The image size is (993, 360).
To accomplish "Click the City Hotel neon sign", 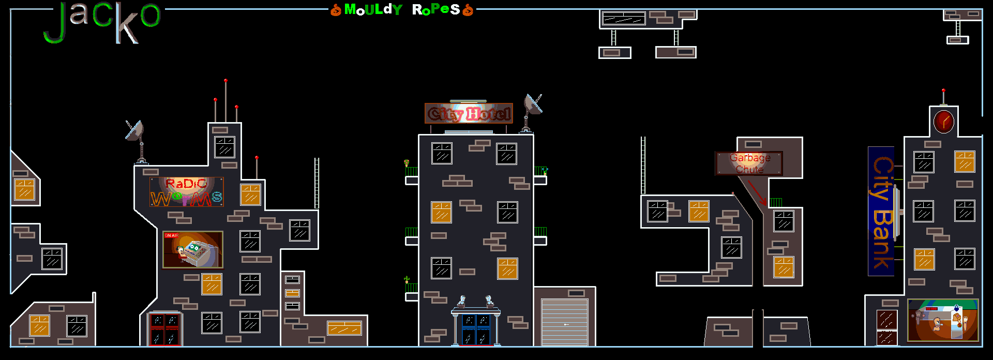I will [469, 113].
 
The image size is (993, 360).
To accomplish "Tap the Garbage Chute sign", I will [749, 163].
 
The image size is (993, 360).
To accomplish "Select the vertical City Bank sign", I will [881, 211].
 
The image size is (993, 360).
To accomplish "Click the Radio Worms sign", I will [187, 192].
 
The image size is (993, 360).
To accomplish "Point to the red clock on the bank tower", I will [943, 122].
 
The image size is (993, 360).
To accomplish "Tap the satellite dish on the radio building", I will [135, 131].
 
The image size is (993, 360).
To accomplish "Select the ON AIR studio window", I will [193, 250].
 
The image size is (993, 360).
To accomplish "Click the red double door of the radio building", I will [164, 329].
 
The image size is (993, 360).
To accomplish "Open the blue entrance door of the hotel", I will [476, 329].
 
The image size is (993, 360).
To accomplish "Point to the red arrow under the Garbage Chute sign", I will [757, 192].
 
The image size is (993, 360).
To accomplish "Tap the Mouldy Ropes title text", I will [402, 10].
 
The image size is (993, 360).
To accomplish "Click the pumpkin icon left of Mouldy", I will [336, 10].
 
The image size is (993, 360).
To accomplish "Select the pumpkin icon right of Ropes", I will [468, 10].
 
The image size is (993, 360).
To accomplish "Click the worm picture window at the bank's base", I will [943, 320].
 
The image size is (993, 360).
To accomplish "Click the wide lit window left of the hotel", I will [344, 328].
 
